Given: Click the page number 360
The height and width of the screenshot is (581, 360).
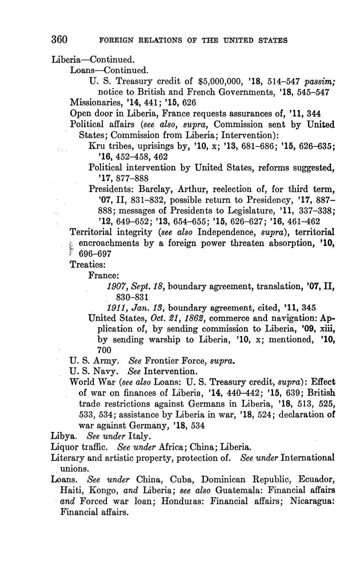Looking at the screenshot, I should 59,40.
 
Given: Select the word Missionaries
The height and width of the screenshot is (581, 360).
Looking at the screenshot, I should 93,102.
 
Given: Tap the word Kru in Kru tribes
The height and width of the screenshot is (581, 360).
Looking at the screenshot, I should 96,146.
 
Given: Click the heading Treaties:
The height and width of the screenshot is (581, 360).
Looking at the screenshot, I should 88,264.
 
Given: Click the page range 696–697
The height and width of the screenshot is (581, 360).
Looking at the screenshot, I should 95,254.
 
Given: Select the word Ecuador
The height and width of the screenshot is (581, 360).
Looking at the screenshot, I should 315,479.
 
